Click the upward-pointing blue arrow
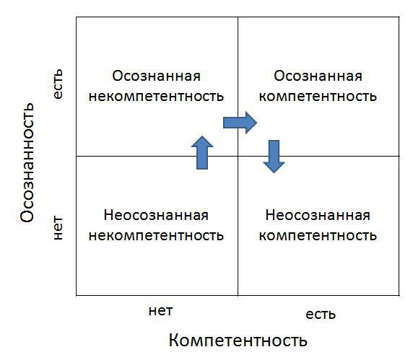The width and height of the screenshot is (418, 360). coord(202,152)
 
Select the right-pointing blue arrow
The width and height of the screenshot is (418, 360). coord(240,123)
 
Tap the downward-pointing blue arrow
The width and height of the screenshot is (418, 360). coord(274,157)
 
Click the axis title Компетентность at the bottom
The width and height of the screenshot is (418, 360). coord(238,340)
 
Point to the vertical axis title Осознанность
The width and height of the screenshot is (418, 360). coord(27,162)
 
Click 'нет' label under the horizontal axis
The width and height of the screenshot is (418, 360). coord(160,311)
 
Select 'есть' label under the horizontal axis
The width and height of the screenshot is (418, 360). coord(321,315)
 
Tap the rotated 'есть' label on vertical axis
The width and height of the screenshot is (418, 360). coord(58,84)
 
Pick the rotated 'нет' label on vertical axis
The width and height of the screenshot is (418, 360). coord(58,228)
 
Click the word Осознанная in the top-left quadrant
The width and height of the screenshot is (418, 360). coord(156,76)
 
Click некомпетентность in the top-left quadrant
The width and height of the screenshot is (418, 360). coord(156,97)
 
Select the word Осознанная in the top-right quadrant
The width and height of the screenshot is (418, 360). coord(318,76)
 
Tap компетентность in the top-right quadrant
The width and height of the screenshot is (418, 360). coord(318,97)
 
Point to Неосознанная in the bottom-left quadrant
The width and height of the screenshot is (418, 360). coord(156,215)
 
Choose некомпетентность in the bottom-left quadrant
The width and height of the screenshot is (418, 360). coord(156,236)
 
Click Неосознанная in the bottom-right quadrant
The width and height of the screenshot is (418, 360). coord(318,215)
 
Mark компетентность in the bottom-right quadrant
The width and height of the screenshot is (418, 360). coord(318,236)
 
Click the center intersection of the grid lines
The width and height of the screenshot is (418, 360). coord(238,156)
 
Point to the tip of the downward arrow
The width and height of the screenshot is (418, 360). coord(274,173)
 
